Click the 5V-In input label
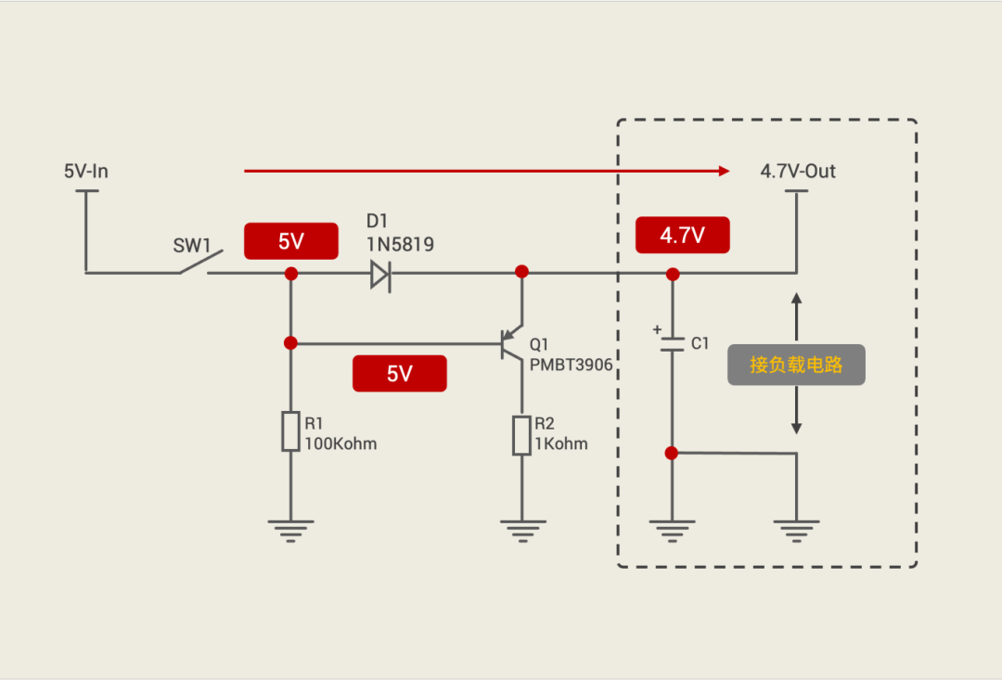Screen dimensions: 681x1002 tap(86, 172)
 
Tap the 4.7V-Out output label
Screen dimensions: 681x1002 tap(798, 172)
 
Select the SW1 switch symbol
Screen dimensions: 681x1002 tap(195, 264)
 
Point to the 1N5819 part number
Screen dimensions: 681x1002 tap(400, 245)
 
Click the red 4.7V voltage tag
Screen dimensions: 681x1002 tap(682, 236)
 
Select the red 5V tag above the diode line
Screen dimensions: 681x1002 tap(290, 241)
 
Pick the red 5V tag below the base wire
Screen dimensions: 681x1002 tap(399, 374)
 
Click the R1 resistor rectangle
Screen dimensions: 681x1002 tap(290, 431)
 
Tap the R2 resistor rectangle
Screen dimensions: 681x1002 tap(521, 435)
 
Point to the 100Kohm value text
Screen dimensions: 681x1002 tap(340, 443)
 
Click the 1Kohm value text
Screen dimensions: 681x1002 tap(560, 443)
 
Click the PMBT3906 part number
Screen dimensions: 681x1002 tap(571, 366)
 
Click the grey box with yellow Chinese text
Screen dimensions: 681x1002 tap(796, 366)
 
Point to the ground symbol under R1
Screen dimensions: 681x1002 tap(290, 531)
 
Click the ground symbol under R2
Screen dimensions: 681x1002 tap(521, 531)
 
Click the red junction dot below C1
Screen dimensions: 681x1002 tap(672, 453)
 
